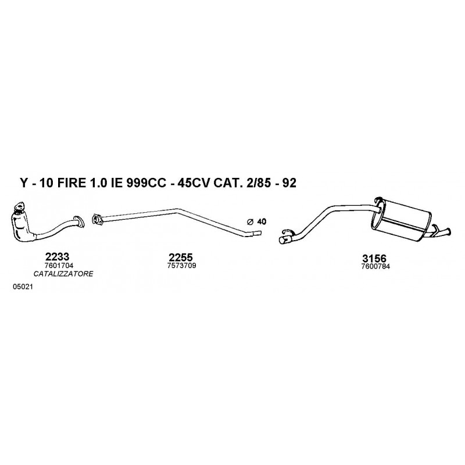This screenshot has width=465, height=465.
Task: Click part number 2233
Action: pyautogui.click(x=57, y=256)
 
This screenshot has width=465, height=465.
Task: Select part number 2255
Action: pyautogui.click(x=181, y=257)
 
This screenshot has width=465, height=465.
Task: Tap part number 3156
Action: pyautogui.click(x=374, y=258)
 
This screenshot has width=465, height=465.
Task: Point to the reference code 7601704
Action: pyautogui.click(x=59, y=265)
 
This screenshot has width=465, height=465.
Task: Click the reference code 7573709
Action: pyautogui.click(x=181, y=266)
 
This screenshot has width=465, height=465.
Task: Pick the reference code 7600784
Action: pyautogui.click(x=375, y=266)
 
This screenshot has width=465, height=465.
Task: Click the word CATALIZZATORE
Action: pyautogui.click(x=63, y=274)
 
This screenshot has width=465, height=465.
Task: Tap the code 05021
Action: pyautogui.click(x=23, y=287)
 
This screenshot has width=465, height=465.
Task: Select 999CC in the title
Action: pyautogui.click(x=146, y=183)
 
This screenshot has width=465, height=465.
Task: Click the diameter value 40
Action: pyautogui.click(x=262, y=221)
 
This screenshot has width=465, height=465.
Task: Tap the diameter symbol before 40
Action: pyautogui.click(x=250, y=222)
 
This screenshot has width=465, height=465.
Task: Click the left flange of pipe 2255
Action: pyautogui.click(x=96, y=219)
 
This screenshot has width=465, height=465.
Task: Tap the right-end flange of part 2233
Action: pyautogui.click(x=78, y=221)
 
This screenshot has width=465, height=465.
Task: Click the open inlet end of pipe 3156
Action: pyautogui.click(x=284, y=239)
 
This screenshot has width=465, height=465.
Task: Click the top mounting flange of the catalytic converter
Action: pyautogui.click(x=20, y=206)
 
